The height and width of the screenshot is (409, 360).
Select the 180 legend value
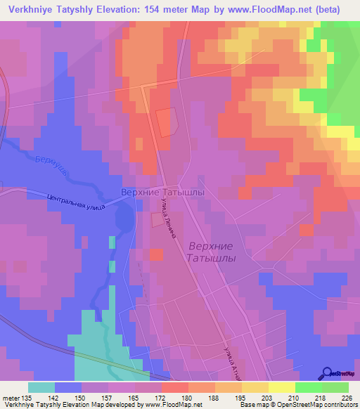pos(187,397)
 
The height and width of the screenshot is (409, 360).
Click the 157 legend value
pos(108,397)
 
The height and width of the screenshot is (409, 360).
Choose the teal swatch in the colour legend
pos(41,387)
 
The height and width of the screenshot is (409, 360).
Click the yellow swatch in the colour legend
pos(281,387)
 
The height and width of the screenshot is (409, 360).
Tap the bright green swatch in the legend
pos(308,387)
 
